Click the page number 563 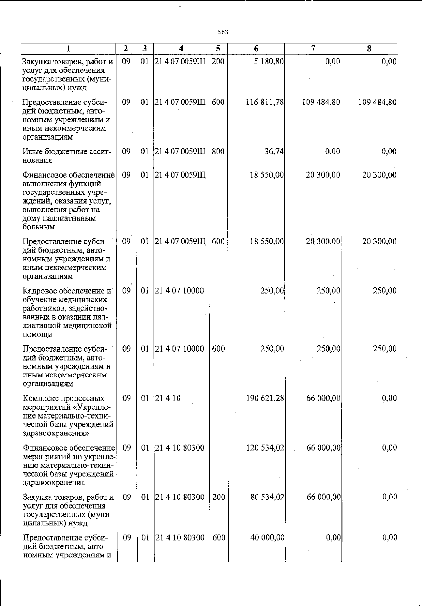coord(223,32)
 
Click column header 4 coord(181,49)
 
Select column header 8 coord(369,49)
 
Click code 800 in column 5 coord(218,152)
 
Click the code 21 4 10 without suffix coord(168,398)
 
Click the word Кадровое coord(39,291)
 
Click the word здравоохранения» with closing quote coord(56,433)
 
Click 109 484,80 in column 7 coord(321,102)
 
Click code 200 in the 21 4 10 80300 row coord(219,497)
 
